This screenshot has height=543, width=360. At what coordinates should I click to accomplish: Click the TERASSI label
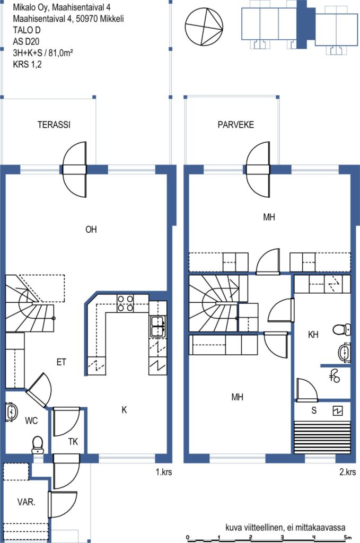[x=54, y=125]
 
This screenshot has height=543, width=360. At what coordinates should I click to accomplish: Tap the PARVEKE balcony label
[x=236, y=125]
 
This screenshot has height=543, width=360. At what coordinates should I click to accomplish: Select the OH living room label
[x=91, y=229]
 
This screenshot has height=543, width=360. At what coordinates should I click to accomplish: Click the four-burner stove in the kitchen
[x=125, y=303]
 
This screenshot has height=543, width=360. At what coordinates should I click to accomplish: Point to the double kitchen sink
[x=157, y=326]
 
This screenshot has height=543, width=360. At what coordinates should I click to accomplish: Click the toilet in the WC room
[x=38, y=445]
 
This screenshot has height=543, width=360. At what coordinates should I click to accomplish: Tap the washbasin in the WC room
[x=12, y=412]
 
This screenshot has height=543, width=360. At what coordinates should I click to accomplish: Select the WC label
[x=31, y=421]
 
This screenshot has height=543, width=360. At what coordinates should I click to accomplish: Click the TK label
[x=73, y=442]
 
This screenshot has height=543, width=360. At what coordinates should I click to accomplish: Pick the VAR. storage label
[x=27, y=502]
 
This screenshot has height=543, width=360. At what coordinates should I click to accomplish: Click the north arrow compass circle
[x=203, y=27]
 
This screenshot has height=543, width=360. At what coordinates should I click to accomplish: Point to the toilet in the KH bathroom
[x=341, y=329]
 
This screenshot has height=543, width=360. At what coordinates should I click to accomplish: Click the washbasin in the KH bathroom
[x=344, y=353]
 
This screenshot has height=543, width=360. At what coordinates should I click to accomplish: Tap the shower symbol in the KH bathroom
[x=335, y=376]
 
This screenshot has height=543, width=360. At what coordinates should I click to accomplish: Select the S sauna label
[x=314, y=410]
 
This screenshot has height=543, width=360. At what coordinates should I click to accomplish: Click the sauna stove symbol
[x=338, y=411]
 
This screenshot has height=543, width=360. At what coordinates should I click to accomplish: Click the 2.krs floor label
[x=347, y=472]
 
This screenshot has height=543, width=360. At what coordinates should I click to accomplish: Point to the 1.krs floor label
[x=164, y=472]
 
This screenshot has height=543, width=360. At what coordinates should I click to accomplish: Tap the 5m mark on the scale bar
[x=347, y=538]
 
